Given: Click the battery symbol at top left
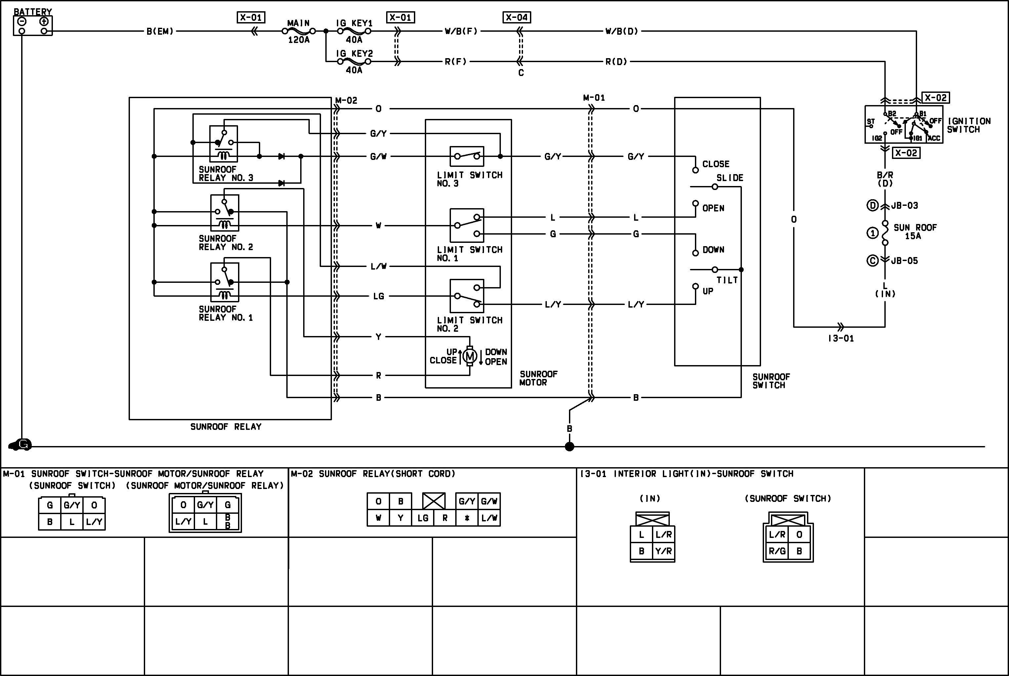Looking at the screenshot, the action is [x=33, y=26].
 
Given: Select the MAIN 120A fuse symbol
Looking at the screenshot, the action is [x=299, y=31].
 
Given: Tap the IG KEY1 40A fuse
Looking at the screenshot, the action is [x=354, y=31].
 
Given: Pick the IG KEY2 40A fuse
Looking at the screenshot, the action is [x=354, y=61].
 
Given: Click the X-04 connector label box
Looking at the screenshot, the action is [x=517, y=17].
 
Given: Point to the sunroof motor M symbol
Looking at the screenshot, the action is [x=470, y=356].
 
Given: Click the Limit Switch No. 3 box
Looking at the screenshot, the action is [x=467, y=156].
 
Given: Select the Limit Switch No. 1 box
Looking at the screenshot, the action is [x=467, y=225].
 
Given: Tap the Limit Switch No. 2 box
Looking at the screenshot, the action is [x=467, y=296].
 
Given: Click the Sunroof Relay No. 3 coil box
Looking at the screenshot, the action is [x=223, y=144].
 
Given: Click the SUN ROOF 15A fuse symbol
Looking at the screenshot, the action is [x=885, y=233].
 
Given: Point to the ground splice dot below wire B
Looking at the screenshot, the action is [x=569, y=447].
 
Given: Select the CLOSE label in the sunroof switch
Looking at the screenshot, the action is [x=716, y=164].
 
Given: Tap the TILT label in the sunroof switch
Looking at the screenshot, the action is [x=727, y=280].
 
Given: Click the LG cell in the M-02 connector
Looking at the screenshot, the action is [x=423, y=518].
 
